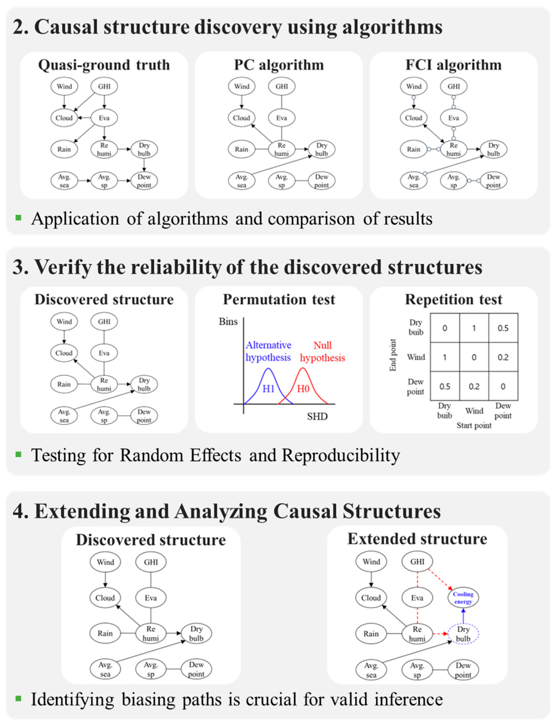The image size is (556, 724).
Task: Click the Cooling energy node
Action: [x=463, y=598]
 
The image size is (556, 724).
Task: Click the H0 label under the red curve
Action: [x=303, y=388]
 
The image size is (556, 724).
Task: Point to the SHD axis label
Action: [x=317, y=416]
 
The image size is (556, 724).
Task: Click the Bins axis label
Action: [x=228, y=322]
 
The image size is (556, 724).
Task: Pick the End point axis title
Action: [x=393, y=355]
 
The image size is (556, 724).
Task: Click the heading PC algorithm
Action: [x=279, y=65]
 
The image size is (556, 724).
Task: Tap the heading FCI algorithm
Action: [x=454, y=65]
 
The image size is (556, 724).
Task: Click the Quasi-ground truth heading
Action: [x=104, y=65]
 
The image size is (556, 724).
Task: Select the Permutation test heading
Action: [x=279, y=300]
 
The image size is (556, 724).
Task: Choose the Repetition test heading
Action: [x=454, y=300]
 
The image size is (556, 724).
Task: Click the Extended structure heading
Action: [x=417, y=539]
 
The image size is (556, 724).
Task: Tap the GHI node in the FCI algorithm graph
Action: [x=454, y=87]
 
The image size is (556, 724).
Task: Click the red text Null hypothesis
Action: [x=322, y=352]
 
